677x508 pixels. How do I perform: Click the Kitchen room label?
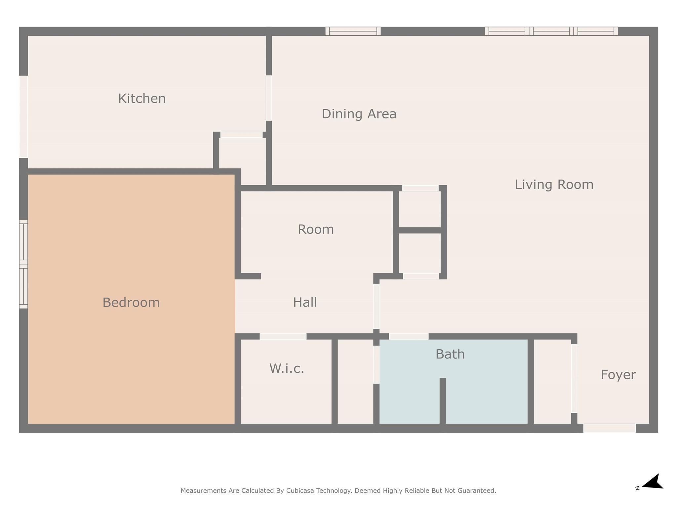(142, 99)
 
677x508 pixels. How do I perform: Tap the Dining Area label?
(359, 114)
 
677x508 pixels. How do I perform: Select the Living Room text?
(554, 185)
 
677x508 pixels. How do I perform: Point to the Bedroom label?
(131, 303)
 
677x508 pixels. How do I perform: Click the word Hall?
(305, 302)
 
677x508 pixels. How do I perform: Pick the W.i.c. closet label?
(287, 368)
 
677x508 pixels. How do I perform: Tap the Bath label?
(450, 354)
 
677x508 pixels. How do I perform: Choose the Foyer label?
(618, 375)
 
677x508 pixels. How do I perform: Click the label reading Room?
(316, 230)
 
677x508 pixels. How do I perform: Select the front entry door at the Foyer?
(609, 428)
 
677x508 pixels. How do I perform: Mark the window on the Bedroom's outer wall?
(23, 264)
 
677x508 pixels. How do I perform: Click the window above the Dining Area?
(353, 31)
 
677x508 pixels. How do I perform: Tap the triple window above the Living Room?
(551, 31)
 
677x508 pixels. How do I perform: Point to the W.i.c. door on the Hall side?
(283, 337)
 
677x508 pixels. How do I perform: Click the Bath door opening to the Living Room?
(409, 337)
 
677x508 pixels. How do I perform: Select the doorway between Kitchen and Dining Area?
(269, 98)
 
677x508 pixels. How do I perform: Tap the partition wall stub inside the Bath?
(443, 401)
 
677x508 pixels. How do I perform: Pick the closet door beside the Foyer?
(574, 379)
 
